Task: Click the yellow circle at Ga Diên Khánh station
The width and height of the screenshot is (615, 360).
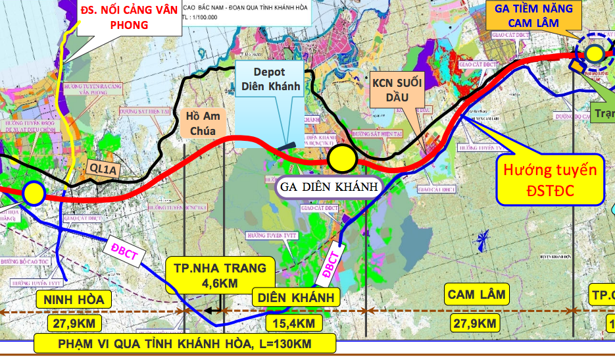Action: (x=342, y=159)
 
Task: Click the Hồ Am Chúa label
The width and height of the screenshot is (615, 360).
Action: (x=205, y=123)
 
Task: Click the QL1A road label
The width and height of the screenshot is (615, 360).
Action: (x=103, y=169)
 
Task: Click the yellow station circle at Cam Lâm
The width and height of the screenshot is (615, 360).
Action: (x=595, y=53)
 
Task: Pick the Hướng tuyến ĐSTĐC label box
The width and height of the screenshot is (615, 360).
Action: (x=551, y=180)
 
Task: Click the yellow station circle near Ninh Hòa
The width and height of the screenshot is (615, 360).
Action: (x=33, y=193)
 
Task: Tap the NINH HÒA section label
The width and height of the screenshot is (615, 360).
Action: (x=74, y=300)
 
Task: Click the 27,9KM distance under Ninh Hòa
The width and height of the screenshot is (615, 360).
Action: (x=74, y=323)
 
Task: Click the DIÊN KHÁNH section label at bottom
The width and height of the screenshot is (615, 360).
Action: (x=295, y=297)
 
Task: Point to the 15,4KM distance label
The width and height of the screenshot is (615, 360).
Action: (x=295, y=323)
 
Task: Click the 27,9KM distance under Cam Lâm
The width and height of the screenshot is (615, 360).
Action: (x=474, y=323)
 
